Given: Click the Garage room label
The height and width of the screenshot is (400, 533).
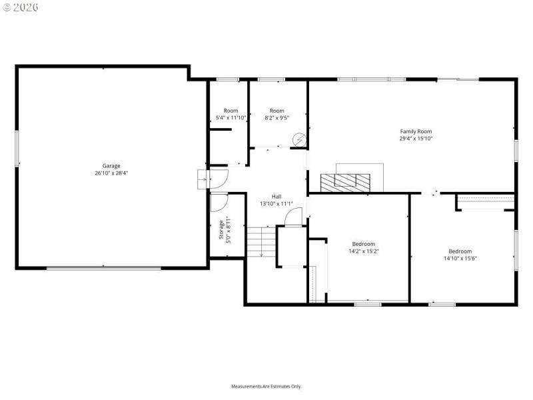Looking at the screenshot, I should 111,165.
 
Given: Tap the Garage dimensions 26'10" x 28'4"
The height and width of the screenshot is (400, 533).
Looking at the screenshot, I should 111,173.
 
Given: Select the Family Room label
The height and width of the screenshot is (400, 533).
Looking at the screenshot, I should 416,131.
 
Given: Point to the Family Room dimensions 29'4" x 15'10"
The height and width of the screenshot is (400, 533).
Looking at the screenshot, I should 416,139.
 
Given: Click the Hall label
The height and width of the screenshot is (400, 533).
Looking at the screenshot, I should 276,196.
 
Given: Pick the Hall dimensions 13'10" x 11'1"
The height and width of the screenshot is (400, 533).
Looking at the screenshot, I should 276,203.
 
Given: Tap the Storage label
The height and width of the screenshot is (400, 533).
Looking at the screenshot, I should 221,229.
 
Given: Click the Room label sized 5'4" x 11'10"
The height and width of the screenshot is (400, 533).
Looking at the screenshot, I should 231,111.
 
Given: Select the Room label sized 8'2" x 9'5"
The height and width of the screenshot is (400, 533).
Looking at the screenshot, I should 276,111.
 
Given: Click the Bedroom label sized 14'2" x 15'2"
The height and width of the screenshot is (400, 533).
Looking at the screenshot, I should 364,244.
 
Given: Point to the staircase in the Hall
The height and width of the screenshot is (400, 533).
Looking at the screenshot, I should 261,241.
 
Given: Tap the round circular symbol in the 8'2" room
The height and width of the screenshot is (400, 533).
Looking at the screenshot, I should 300,140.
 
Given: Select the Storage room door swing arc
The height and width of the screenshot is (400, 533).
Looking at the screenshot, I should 218,201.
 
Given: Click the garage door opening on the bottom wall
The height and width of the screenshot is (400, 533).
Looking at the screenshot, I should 103,268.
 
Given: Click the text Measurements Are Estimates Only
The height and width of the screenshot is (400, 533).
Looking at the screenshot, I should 266,386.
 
